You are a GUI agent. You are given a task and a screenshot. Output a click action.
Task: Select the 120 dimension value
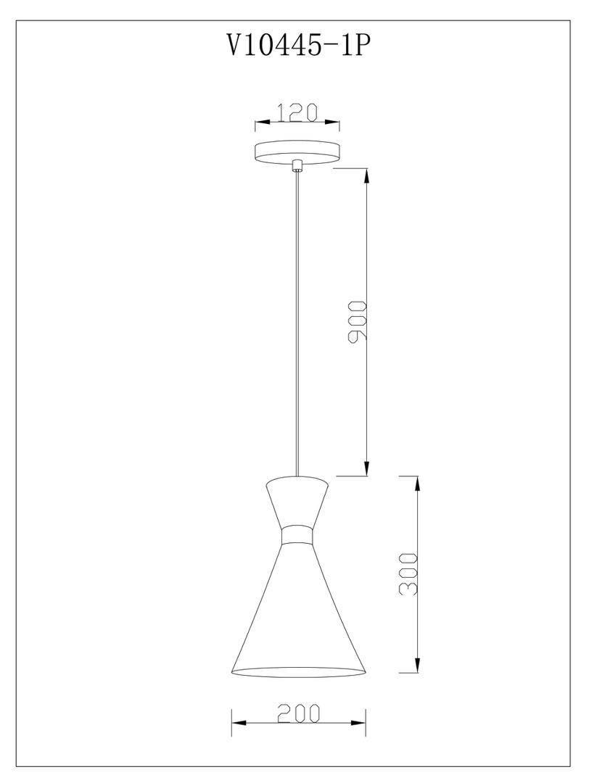pyautogui.click(x=297, y=112)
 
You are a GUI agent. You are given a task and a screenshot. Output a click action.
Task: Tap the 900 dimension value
pyautogui.click(x=358, y=321)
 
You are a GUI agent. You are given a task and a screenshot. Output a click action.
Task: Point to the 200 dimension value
pyautogui.click(x=299, y=713)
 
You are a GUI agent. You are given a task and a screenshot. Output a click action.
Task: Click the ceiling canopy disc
pyautogui.click(x=297, y=153)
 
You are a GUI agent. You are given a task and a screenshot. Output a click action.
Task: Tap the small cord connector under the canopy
pyautogui.click(x=297, y=165)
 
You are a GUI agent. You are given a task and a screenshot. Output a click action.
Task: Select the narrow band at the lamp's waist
pyautogui.click(x=297, y=534)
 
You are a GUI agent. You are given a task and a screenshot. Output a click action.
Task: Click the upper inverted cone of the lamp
pyautogui.click(x=297, y=502)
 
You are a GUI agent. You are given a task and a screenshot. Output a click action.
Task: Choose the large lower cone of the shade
pyautogui.click(x=299, y=609)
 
